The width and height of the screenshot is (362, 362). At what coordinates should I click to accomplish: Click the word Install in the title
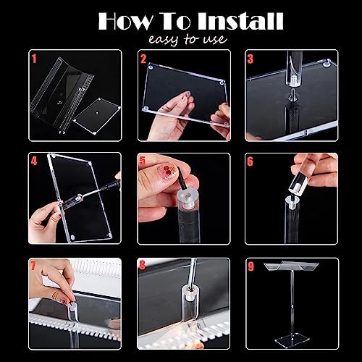tap(240, 21)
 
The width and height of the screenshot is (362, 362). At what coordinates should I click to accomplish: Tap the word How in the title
tap(125, 21)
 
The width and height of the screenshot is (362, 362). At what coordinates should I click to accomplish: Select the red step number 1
tap(34, 59)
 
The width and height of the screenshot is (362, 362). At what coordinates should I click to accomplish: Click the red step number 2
tap(143, 59)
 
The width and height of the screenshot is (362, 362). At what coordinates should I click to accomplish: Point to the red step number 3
tap(251, 59)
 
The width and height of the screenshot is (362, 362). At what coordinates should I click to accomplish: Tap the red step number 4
tap(34, 161)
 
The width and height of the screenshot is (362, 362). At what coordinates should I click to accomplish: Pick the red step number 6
tap(251, 161)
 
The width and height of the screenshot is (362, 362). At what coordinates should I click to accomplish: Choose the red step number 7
tap(33, 266)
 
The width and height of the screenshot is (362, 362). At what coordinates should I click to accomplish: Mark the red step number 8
tap(143, 265)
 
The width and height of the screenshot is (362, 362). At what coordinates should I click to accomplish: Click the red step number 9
tap(251, 266)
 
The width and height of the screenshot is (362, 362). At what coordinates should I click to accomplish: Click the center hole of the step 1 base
tap(97, 112)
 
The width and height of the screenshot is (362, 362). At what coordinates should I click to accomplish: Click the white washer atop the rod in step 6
tap(292, 200)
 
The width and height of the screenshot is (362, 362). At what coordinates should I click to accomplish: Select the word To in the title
tap(175, 21)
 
